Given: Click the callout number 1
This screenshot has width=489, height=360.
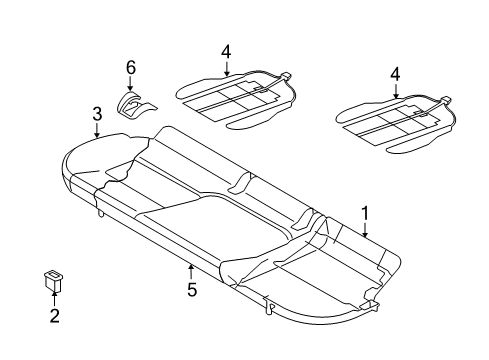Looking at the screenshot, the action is [365, 214].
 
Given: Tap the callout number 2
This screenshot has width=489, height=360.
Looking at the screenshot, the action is [54, 315].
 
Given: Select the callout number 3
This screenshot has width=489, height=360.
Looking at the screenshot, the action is [97, 114].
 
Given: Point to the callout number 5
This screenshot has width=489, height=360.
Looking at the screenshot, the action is [192, 289].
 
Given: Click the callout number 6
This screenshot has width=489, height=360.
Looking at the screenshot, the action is [131, 67].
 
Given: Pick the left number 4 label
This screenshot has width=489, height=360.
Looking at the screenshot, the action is [226, 52].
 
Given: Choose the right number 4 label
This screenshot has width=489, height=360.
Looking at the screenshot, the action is [395, 74].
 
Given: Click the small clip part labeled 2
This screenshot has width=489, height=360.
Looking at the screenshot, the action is [53, 281].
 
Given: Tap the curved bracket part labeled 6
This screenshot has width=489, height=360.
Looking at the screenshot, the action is [135, 105].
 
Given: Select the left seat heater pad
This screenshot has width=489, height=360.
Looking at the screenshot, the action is [235, 100].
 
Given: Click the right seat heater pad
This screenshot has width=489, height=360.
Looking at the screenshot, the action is [395, 124].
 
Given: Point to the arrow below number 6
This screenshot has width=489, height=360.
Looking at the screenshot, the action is [130, 83].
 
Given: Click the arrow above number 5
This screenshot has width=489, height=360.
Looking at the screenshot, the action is [191, 272].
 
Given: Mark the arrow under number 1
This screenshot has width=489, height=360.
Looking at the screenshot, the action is [365, 230].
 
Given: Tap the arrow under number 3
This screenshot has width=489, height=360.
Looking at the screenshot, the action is [97, 130].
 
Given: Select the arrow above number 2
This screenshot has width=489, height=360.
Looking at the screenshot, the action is [54, 298].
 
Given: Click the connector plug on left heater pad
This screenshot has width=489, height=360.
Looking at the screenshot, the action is [285, 76].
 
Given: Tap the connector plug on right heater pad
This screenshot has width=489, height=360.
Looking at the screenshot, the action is [445, 100].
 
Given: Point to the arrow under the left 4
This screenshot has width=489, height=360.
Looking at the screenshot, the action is [226, 68].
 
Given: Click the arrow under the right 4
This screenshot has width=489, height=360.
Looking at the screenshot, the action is [396, 91].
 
